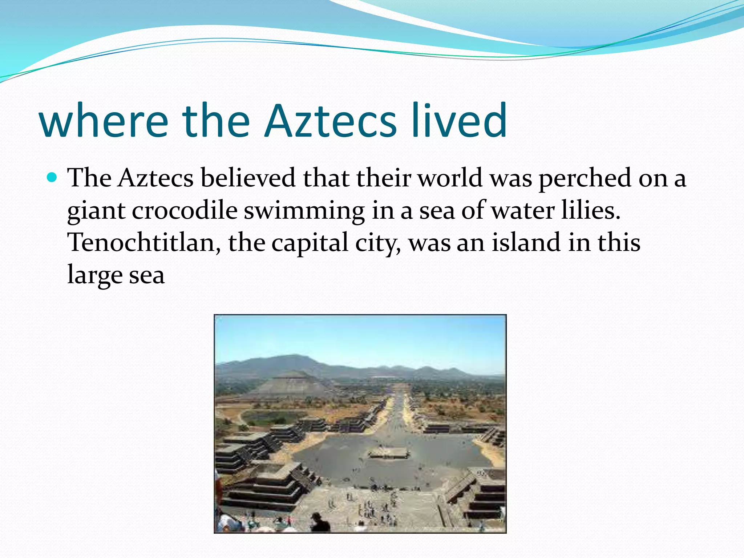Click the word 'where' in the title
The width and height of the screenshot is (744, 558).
pyautogui.click(x=104, y=121)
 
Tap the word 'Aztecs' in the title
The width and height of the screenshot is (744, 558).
pyautogui.click(x=330, y=121)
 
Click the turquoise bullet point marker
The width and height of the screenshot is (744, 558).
pyautogui.click(x=52, y=178)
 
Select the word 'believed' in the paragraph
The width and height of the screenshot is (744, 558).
pyautogui.click(x=248, y=178)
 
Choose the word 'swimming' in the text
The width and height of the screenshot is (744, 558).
pyautogui.click(x=304, y=211)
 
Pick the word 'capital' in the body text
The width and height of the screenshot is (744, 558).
pyautogui.click(x=310, y=243)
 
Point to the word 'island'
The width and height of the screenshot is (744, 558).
pyautogui.click(x=526, y=242)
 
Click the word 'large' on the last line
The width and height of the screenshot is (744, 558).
pyautogui.click(x=95, y=275)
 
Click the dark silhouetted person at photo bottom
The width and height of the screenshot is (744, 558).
pyautogui.click(x=320, y=522)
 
